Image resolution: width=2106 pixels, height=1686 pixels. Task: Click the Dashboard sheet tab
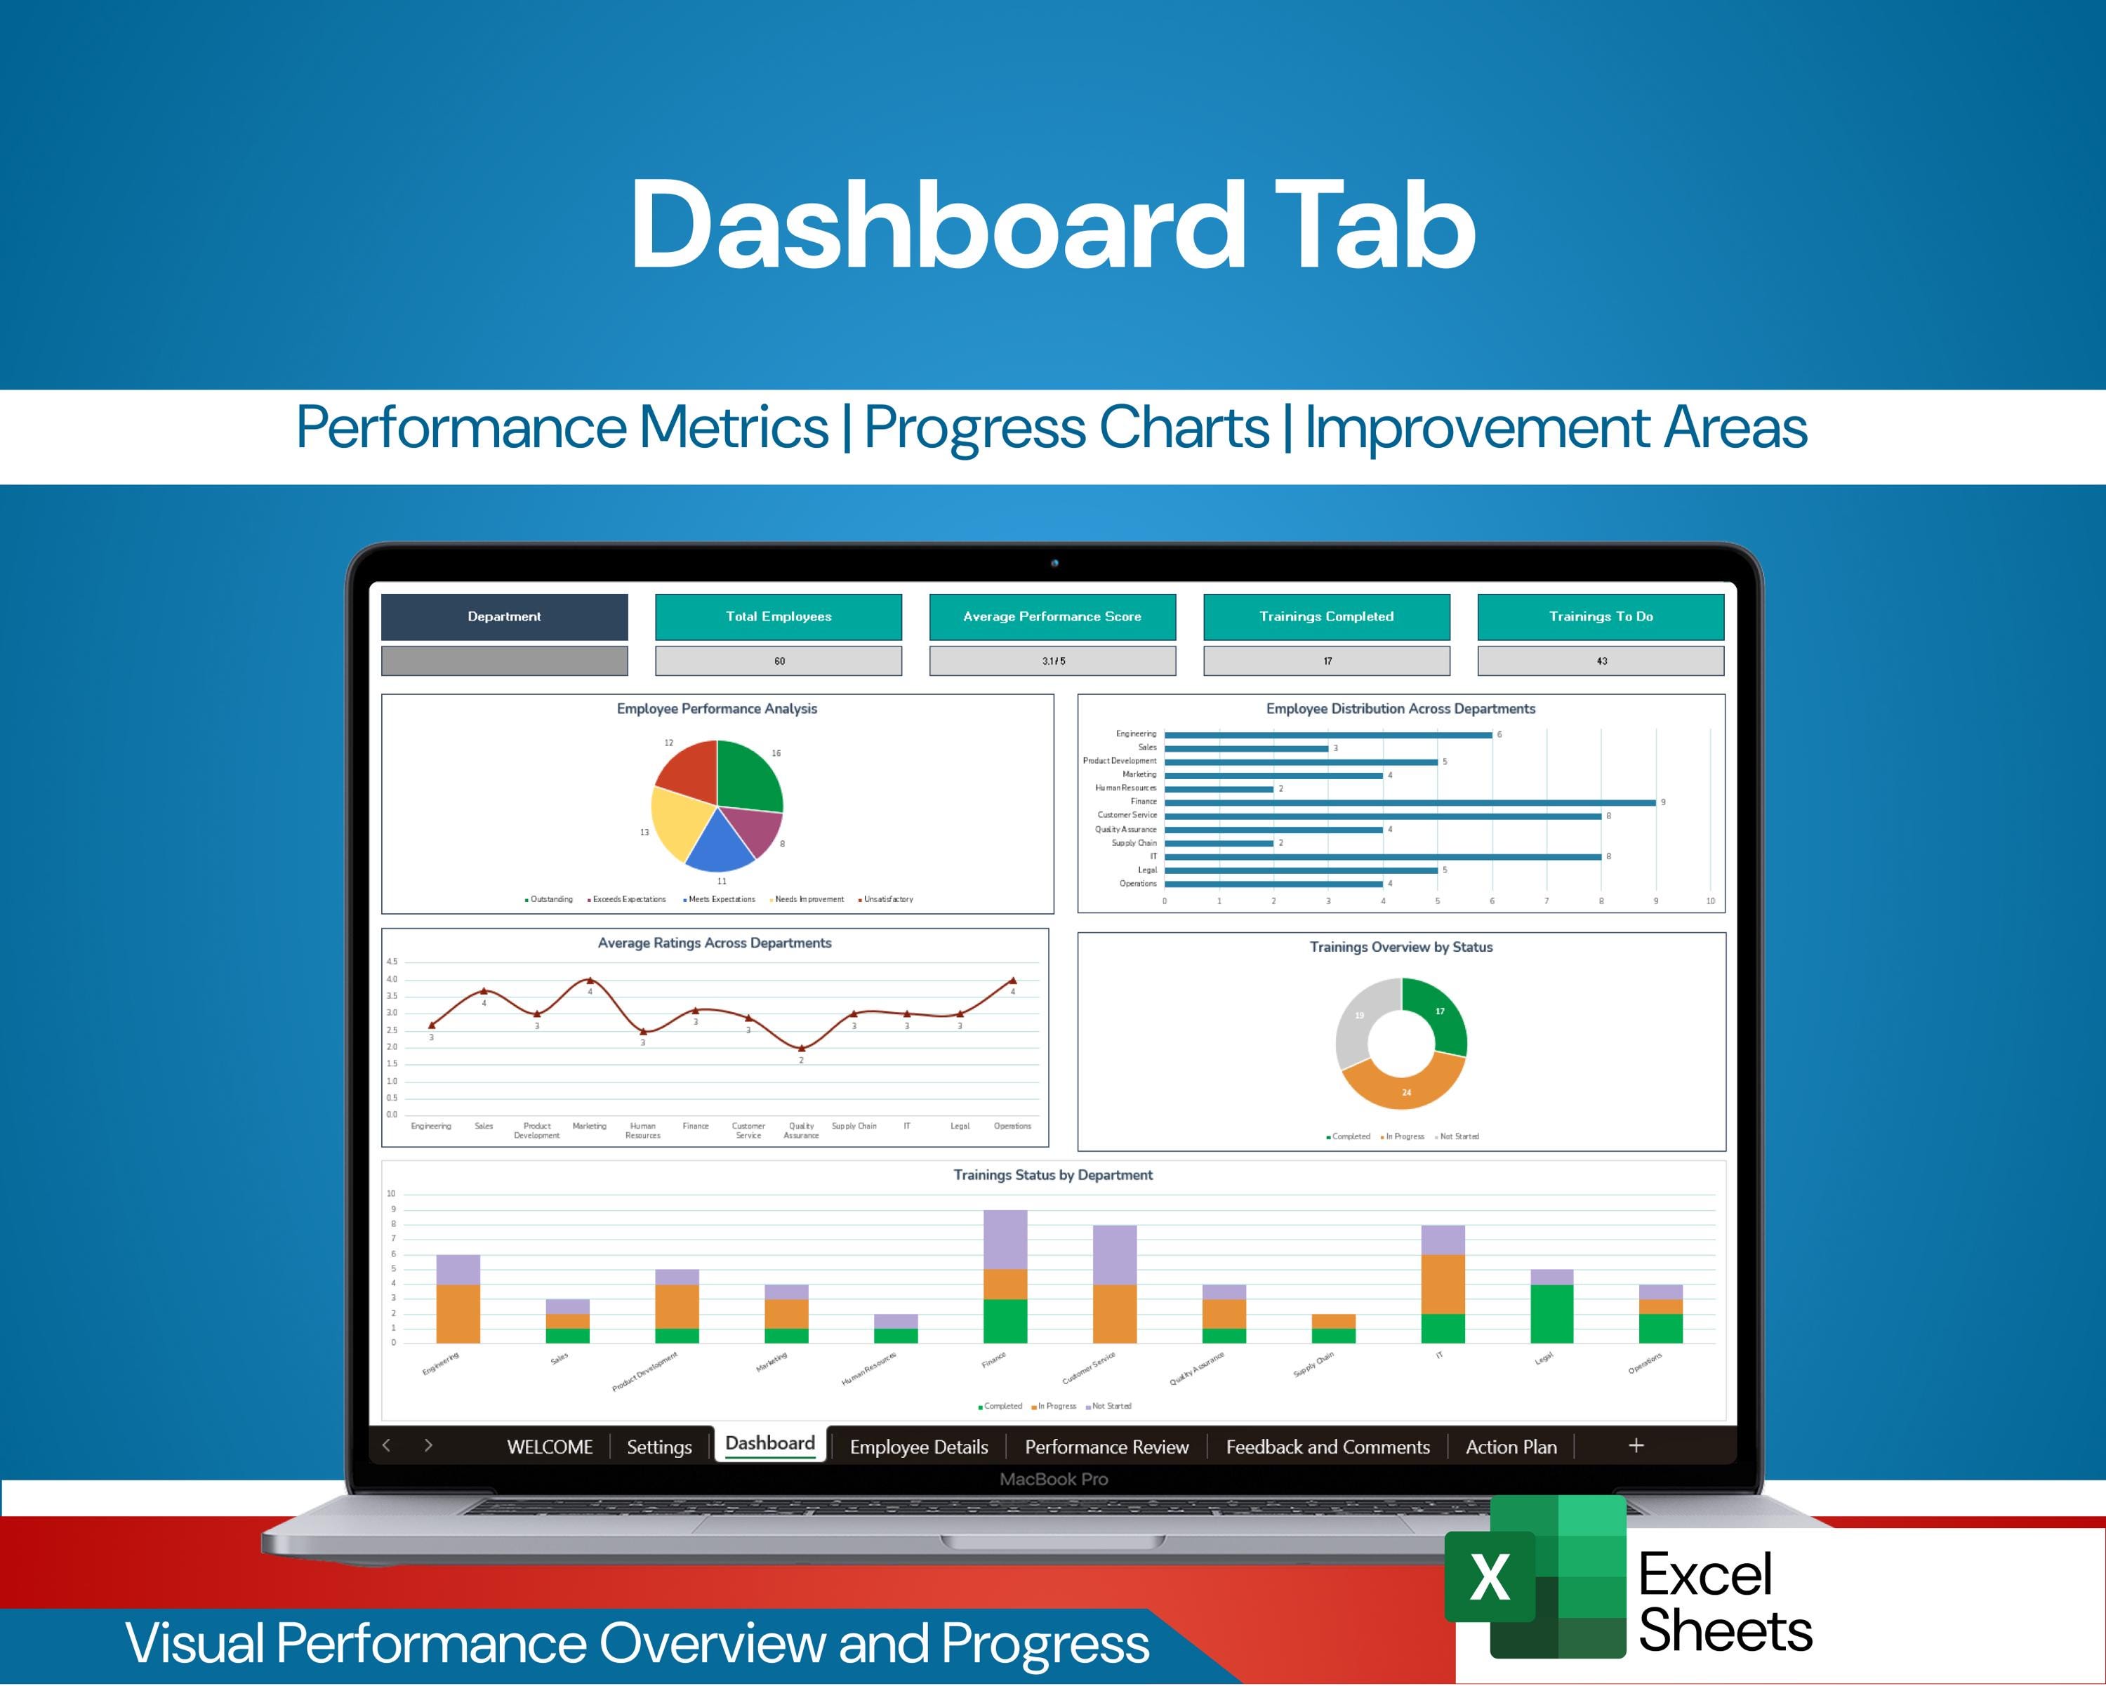(x=769, y=1444)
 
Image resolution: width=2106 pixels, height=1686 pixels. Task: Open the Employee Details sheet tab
(x=918, y=1447)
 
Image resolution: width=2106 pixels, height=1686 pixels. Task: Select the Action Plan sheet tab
(x=1510, y=1447)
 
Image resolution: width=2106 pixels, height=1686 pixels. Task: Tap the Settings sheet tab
(x=658, y=1447)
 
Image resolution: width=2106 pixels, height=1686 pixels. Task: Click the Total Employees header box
(x=779, y=616)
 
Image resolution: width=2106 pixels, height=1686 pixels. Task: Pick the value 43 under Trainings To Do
(x=1601, y=661)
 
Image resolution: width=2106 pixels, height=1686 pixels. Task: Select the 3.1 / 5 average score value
(x=1052, y=661)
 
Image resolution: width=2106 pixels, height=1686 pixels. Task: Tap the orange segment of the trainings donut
(x=1404, y=1088)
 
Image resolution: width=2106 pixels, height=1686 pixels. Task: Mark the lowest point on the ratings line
(x=801, y=1048)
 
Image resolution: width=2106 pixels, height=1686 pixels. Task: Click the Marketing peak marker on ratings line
(x=589, y=980)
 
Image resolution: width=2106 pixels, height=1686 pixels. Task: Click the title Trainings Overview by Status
(x=1400, y=947)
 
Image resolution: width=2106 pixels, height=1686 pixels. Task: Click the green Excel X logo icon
(x=1490, y=1578)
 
